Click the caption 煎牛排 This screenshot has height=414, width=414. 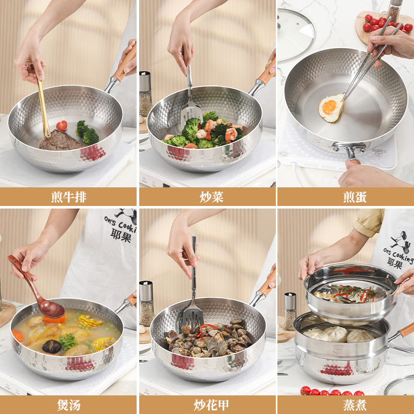68,197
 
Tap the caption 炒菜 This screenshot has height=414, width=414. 207,197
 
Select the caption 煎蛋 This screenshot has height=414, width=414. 345,197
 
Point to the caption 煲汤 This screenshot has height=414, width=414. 68,405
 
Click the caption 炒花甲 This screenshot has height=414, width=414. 207,405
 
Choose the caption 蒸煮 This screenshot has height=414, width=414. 345,405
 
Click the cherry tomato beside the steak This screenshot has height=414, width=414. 62,125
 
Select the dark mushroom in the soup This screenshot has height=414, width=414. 52,346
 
